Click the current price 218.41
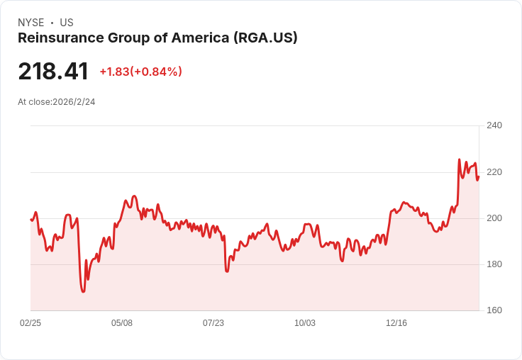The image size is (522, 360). coord(53,72)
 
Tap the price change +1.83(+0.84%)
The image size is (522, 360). coord(140,72)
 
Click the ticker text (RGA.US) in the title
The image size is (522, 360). coord(265,38)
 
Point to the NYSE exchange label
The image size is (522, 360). coord(30,23)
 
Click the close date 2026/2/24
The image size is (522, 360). coord(74,102)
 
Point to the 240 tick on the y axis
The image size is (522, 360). coord(494,125)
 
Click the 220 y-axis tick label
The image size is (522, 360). coord(494,172)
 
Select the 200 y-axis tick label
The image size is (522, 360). coord(494,218)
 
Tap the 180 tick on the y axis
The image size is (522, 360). coord(494,264)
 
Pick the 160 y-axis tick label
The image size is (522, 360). coord(494,310)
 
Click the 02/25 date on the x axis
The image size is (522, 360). coord(30,323)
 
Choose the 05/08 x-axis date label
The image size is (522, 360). coord(122,323)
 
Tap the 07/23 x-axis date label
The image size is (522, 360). coord(213,323)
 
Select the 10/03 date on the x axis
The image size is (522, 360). coord(305,323)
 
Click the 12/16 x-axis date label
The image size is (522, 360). coord(396,323)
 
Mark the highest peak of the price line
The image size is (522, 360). coord(459,159)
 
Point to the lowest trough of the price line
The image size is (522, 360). coord(83,291)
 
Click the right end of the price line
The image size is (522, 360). coord(479,176)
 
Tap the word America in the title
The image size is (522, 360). coord(201,38)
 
